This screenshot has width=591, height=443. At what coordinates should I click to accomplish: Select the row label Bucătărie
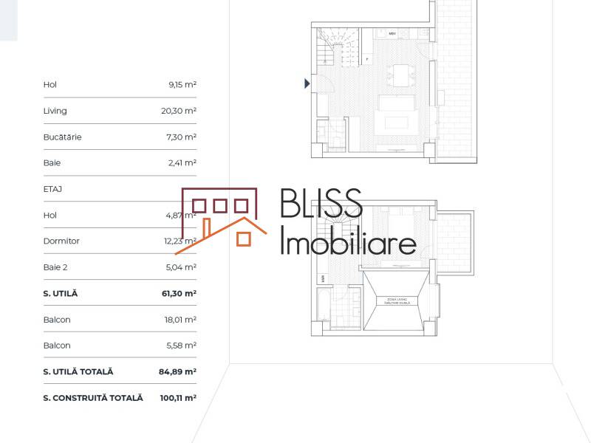pyautogui.click(x=63, y=137)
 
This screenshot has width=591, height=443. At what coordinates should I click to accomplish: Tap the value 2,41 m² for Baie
pyautogui.click(x=182, y=163)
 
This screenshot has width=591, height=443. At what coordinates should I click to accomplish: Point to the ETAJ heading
pyautogui.click(x=53, y=189)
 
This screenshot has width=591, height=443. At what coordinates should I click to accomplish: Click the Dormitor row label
pyautogui.click(x=61, y=241)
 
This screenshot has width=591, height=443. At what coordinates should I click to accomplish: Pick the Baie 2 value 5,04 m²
pyautogui.click(x=181, y=267)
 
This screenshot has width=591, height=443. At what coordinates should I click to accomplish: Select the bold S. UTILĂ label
pyautogui.click(x=61, y=294)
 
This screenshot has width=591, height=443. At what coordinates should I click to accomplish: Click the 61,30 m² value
pyautogui.click(x=180, y=294)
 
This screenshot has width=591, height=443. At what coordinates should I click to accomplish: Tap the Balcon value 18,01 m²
pyautogui.click(x=181, y=320)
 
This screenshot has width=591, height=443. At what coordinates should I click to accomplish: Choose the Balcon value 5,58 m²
pyautogui.click(x=181, y=346)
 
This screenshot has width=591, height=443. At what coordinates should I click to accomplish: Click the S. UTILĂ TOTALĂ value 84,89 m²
pyautogui.click(x=177, y=372)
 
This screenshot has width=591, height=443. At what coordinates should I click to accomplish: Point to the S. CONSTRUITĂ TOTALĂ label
pyautogui.click(x=93, y=398)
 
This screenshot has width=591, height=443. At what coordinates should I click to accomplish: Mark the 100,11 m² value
pyautogui.click(x=178, y=398)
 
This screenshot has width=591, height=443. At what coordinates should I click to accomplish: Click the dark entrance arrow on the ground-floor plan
pyautogui.click(x=307, y=84)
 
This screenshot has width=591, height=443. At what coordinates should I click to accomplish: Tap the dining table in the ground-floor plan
pyautogui.click(x=403, y=76)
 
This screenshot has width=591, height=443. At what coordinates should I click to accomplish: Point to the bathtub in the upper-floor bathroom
pyautogui.click(x=324, y=308)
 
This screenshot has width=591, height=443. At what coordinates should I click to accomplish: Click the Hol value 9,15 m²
pyautogui.click(x=182, y=85)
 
